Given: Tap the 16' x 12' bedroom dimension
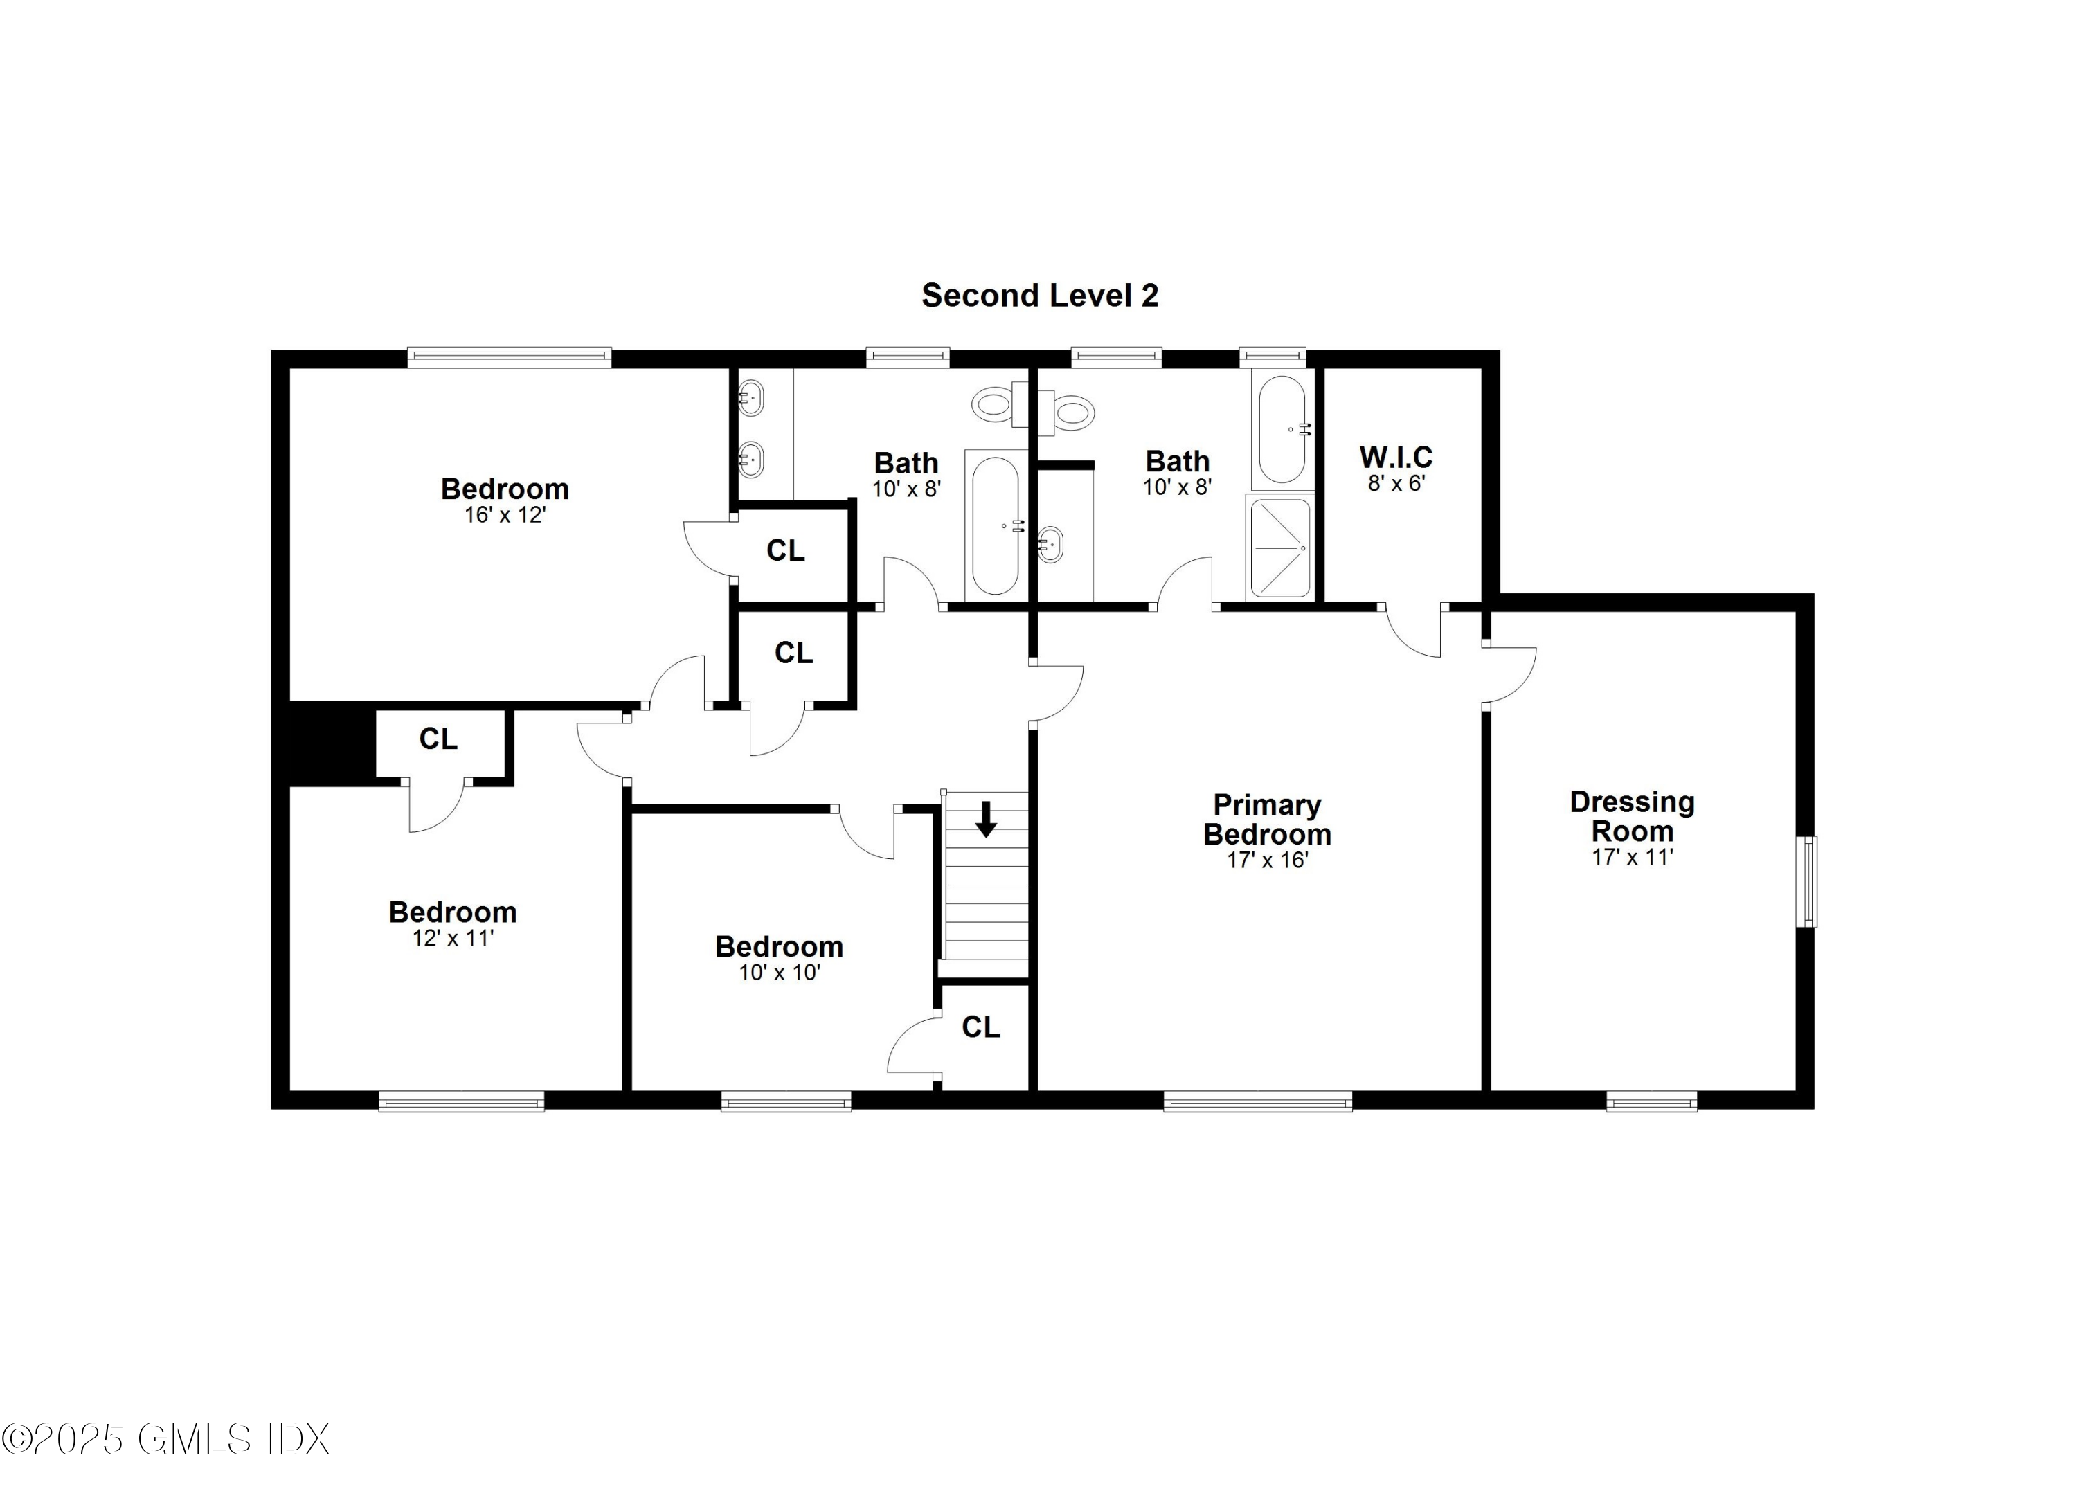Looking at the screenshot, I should pos(505,516).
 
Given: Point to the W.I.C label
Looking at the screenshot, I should pos(1396,457).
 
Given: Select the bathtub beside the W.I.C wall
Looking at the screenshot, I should pos(1282,429).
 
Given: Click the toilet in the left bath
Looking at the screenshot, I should pos(996,404).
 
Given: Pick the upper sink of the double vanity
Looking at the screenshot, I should pos(751,399).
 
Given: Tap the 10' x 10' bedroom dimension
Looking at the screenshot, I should pos(780,973).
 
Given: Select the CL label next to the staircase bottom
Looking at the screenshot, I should pos(981,1027).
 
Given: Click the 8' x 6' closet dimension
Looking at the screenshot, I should pos(1396,483).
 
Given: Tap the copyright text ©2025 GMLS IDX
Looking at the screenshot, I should pos(165,1440).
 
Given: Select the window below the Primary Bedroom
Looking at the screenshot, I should pos(1257,1101).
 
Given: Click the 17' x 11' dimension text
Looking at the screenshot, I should pos(1632,858).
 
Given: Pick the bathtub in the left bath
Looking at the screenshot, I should pos(995,526).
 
